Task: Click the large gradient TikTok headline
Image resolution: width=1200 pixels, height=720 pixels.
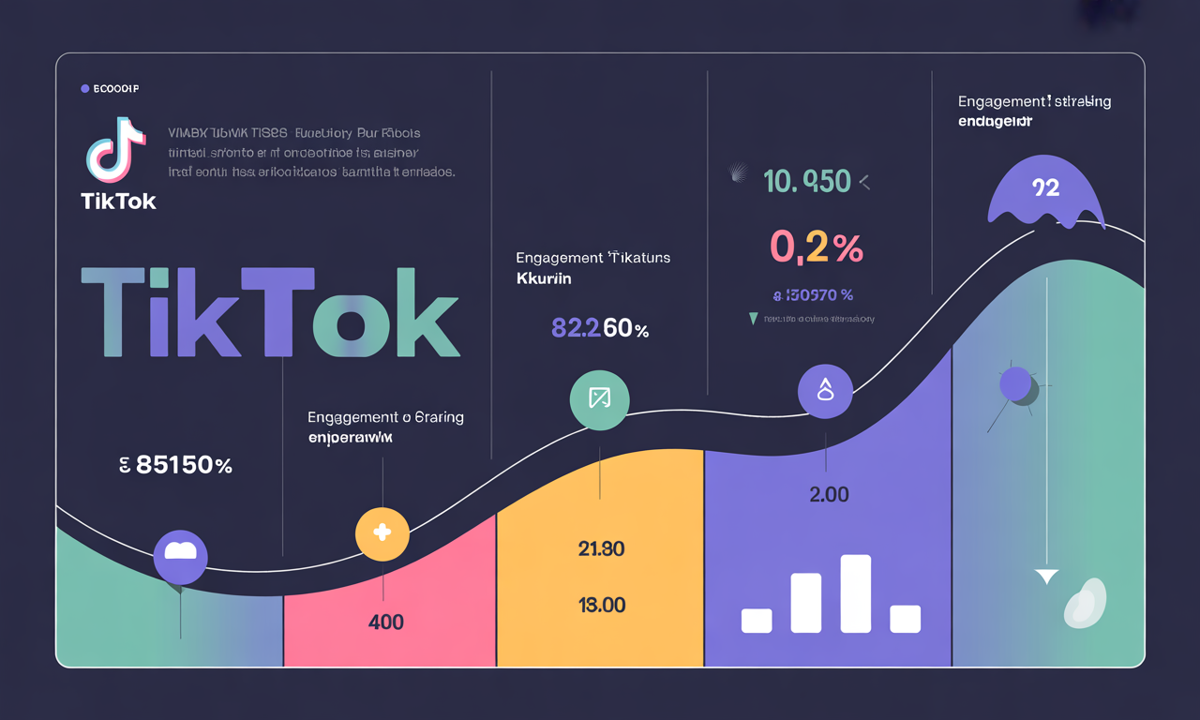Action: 270,312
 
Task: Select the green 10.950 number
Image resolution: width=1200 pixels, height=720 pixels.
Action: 807,181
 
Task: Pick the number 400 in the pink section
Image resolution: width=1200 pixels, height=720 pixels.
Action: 385,622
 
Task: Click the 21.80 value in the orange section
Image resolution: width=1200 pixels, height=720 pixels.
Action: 601,549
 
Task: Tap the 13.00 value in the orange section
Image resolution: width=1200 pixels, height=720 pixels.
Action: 601,605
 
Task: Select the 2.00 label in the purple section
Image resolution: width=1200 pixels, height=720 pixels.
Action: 829,494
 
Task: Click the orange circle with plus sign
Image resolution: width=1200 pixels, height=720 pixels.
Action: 382,533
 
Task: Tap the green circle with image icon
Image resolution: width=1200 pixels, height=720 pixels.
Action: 599,399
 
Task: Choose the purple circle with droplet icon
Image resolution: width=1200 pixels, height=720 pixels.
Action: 825,390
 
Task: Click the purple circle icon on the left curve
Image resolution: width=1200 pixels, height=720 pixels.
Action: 180,557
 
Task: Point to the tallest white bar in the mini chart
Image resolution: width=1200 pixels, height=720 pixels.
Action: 856,593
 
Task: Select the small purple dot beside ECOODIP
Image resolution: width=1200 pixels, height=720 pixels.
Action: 85,89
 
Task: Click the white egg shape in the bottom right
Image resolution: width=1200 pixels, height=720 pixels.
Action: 1086,603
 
